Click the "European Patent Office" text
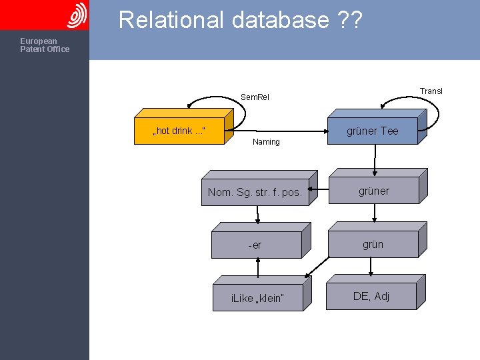tap(44, 45)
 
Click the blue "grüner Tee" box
tap(372, 131)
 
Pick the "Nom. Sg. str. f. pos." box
tap(255, 193)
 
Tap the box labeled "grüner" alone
tap(373, 191)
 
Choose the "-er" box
tap(255, 245)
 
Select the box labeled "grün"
tap(373, 244)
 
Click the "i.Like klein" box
tap(257, 297)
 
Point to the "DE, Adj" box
tap(372, 296)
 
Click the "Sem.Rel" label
tap(255, 97)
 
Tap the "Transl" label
tap(431, 91)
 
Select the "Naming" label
tap(266, 142)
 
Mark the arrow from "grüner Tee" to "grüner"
tap(375, 159)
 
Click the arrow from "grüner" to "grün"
tap(375, 213)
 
